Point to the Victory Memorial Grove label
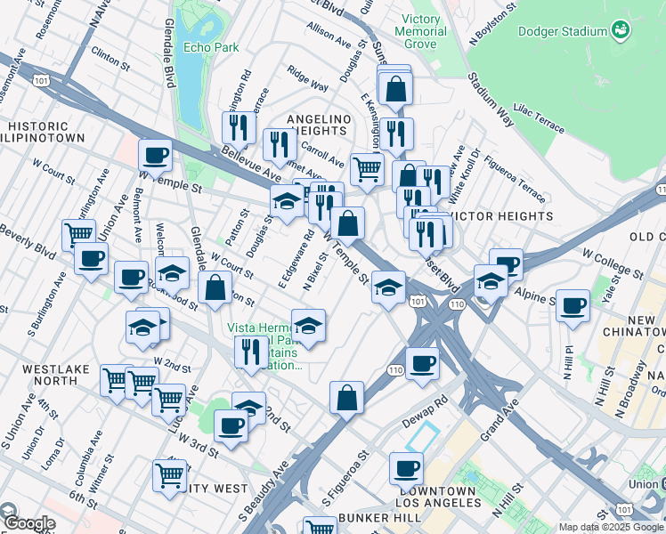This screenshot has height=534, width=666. [x=420, y=31]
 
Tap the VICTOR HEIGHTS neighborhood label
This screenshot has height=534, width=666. [x=500, y=216]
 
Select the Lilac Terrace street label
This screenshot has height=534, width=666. [x=539, y=117]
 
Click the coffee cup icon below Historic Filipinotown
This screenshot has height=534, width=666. [x=155, y=156]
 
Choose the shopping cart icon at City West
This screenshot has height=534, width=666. [x=169, y=474]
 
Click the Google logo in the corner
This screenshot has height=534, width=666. [x=28, y=523]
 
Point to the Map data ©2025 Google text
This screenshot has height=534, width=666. [x=611, y=526]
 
